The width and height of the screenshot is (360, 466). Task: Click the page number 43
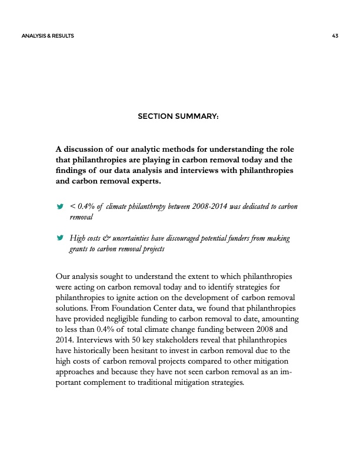[x=335, y=36]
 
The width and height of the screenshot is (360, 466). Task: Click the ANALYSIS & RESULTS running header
[x=48, y=36]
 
